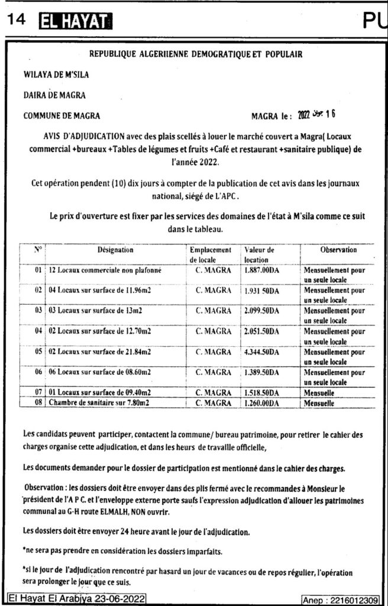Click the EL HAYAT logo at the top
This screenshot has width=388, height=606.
tap(73, 23)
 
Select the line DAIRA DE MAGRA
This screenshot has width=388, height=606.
tap(54, 95)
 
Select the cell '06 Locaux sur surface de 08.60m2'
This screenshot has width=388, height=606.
tap(101, 372)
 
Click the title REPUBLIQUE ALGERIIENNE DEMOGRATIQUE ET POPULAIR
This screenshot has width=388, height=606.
tap(195, 54)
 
